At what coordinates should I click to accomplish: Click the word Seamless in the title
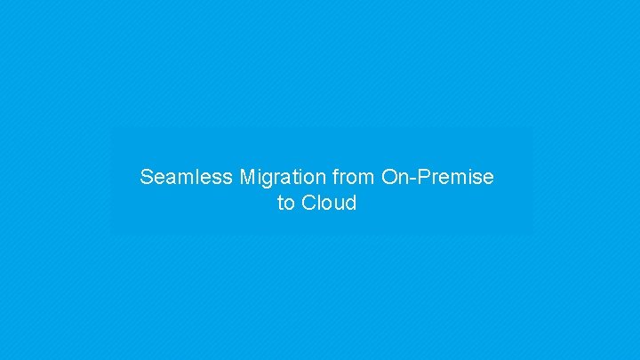[x=187, y=177]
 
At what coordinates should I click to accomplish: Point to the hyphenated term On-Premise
[x=437, y=177]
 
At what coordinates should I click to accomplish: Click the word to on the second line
[x=285, y=203]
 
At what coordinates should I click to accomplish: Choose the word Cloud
[x=329, y=203]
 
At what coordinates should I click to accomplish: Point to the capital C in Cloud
[x=308, y=203]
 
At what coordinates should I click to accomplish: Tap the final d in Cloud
[x=350, y=203]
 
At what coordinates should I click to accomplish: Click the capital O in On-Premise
[x=389, y=177]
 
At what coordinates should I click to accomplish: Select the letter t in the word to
[x=281, y=203]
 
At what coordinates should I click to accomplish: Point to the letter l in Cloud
[x=318, y=203]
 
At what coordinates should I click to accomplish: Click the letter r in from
[x=344, y=178]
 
